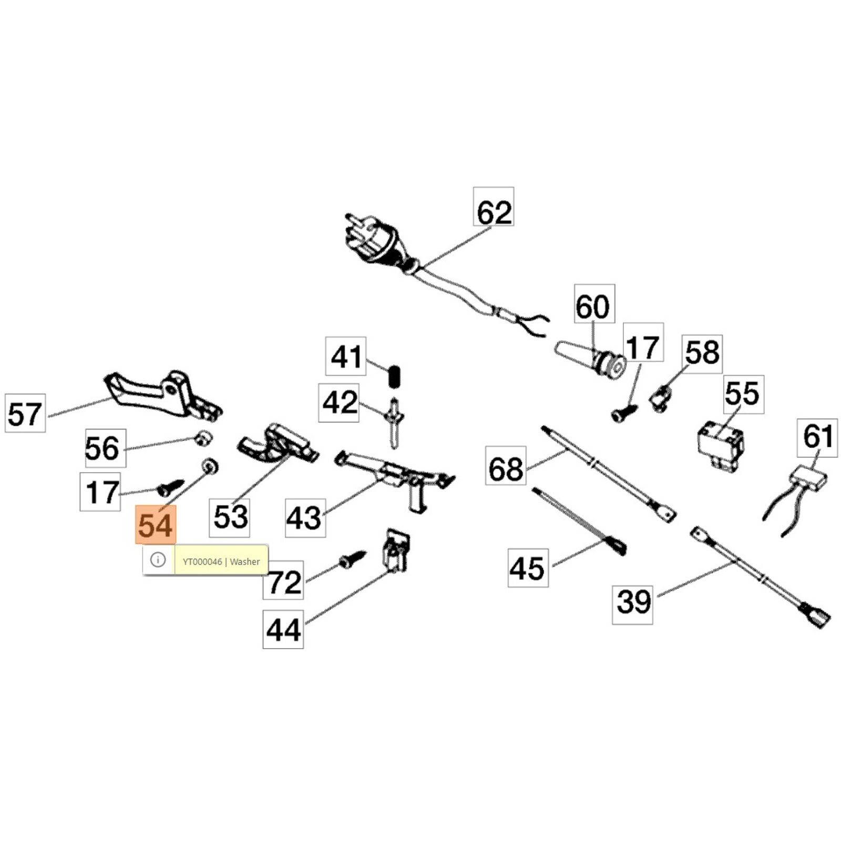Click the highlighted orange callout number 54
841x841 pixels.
pos(156,525)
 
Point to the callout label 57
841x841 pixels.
pos(25,413)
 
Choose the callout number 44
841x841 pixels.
pos(283,629)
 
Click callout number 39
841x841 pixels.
pos(632,601)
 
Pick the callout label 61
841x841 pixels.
pos(817,437)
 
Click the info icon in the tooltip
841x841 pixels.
pos(158,560)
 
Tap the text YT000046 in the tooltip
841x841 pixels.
pos(202,562)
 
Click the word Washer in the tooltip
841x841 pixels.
pos(245,562)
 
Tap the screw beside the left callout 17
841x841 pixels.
pos(171,486)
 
